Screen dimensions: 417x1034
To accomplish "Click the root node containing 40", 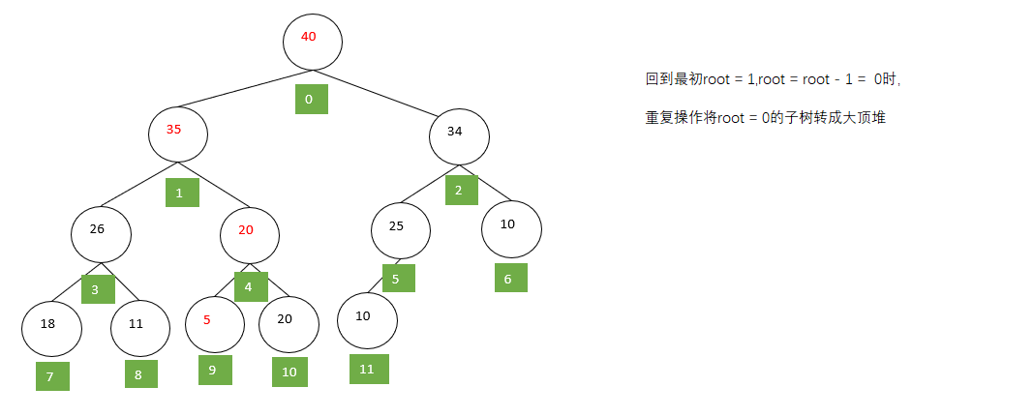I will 313,41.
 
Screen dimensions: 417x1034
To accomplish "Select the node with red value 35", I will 178,133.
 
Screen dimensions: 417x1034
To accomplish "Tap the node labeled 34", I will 459,135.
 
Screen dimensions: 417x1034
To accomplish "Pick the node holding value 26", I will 101,233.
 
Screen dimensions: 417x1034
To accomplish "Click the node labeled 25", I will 401,229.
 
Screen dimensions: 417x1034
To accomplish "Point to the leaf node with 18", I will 52,328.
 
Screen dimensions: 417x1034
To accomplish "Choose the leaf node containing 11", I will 141,328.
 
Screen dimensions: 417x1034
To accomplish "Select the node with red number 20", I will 250,234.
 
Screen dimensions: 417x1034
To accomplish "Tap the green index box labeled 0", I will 312,99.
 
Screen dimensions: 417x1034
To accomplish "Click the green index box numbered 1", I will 182,193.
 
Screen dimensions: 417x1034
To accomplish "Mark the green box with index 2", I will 462,190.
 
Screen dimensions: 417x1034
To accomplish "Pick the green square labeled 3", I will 98,288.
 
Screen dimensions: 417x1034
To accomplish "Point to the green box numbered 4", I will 251,286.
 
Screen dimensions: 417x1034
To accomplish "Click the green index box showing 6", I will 511,278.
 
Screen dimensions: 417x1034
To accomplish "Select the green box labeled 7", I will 52,376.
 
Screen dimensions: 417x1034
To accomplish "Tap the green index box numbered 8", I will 141,373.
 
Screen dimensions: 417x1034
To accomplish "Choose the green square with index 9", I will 215,371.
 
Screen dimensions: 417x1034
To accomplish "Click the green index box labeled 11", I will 369,369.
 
